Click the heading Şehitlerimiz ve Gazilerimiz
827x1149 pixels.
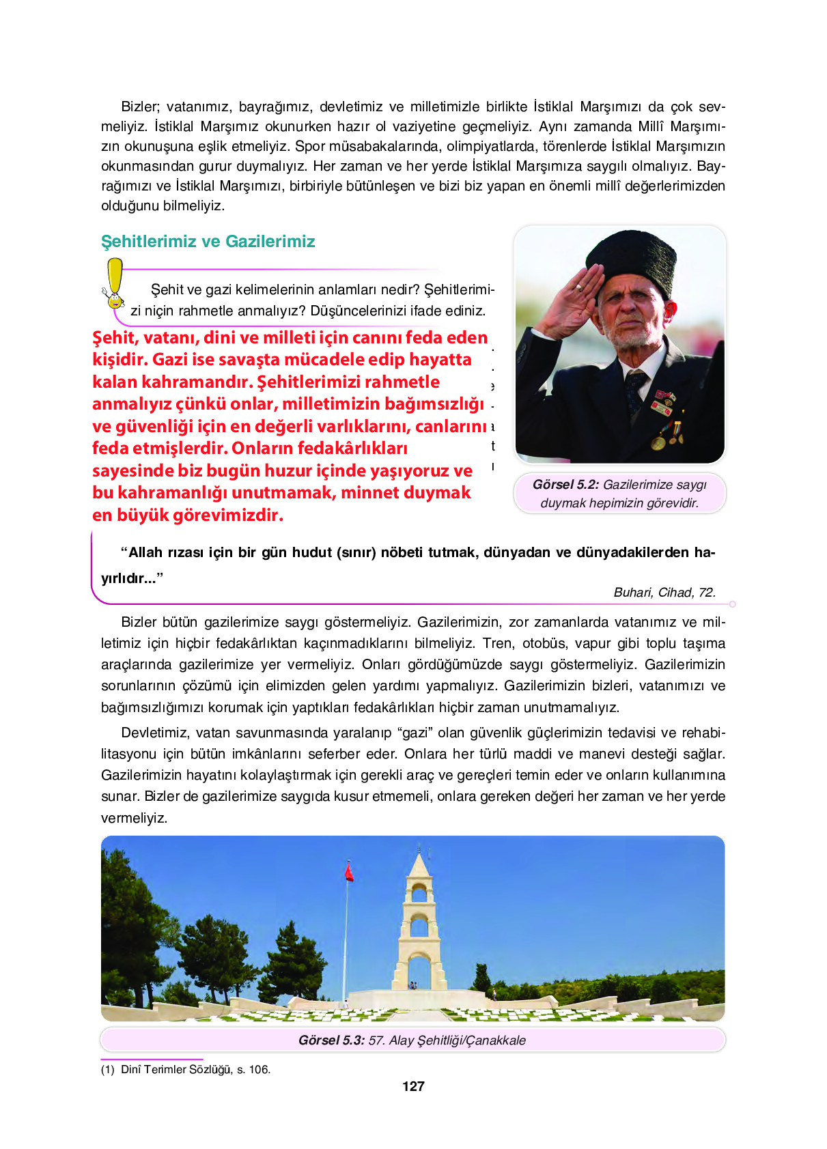tap(208, 242)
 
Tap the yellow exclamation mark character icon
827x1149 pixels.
tap(114, 283)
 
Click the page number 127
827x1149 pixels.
tap(413, 1086)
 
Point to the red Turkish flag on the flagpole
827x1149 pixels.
tap(349, 872)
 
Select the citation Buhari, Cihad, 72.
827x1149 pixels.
tap(664, 593)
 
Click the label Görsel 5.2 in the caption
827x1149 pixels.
tap(565, 485)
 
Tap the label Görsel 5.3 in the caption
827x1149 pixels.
tap(331, 1040)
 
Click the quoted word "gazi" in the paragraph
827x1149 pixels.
tap(414, 733)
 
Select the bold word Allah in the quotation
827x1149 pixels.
tap(145, 553)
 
